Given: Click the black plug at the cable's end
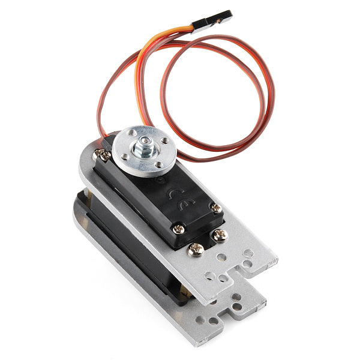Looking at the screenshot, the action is (x=212, y=22).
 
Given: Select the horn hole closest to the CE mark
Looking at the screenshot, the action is (x=158, y=164).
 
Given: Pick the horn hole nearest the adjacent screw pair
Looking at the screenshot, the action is (x=124, y=157).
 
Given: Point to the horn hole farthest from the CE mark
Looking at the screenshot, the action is (x=132, y=133).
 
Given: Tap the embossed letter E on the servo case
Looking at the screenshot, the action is (x=187, y=204).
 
